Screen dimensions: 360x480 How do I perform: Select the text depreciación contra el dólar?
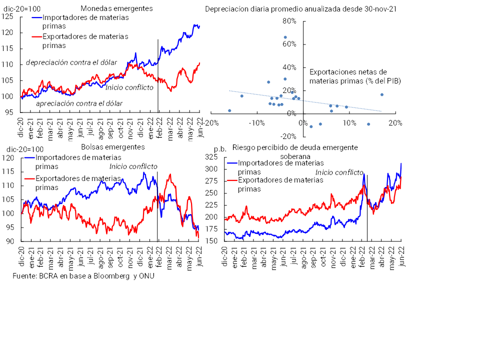[x=71, y=62]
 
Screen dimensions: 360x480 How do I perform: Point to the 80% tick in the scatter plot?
[x=289, y=21]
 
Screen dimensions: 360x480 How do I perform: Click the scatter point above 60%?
[x=285, y=37]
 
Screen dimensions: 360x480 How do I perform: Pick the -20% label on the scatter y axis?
[x=288, y=136]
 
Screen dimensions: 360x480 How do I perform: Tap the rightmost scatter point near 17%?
[x=381, y=94]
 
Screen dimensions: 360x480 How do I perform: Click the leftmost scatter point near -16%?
[x=229, y=110]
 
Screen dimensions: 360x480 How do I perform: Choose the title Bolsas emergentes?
[x=112, y=147]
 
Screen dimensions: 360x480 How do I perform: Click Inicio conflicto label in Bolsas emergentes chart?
[x=133, y=166]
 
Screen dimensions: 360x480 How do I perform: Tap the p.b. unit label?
[x=220, y=149]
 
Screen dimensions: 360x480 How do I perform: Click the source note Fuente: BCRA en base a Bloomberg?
[x=83, y=276]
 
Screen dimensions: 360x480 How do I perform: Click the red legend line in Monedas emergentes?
[x=36, y=36]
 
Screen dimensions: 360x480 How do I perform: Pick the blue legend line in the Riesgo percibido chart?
[x=232, y=163]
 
